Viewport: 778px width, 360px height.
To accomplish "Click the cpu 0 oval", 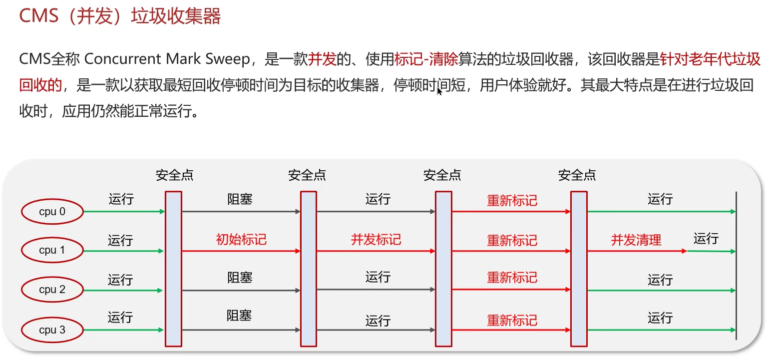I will pos(52,212).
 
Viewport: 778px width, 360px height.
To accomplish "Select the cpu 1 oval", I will pos(52,250).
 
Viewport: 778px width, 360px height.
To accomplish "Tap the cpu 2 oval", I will pos(52,290).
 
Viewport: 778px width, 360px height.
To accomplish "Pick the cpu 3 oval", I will pos(52,330).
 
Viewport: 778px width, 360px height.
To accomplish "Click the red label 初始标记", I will pos(241,240).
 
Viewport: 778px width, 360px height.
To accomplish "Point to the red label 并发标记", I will pos(376,240).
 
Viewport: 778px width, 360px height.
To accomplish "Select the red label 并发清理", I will pos(636,240).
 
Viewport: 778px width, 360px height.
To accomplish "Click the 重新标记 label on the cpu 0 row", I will pos(512,201).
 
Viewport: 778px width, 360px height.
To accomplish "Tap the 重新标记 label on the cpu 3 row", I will pos(512,320).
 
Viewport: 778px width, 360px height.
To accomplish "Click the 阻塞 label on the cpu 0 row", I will pos(240,200).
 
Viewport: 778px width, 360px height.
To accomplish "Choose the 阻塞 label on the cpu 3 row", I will pos(239,316).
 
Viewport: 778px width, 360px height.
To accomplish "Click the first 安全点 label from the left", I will pos(174,175).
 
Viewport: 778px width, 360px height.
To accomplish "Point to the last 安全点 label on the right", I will pos(577,175).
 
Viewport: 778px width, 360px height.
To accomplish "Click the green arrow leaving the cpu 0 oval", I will pos(124,212).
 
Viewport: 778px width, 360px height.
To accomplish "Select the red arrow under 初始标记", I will pos(241,251).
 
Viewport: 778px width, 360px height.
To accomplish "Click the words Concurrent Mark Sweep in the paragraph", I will pos(167,59).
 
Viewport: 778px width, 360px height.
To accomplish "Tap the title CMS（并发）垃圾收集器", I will pos(120,16).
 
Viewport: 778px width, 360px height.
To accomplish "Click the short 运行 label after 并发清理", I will pos(706,239).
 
